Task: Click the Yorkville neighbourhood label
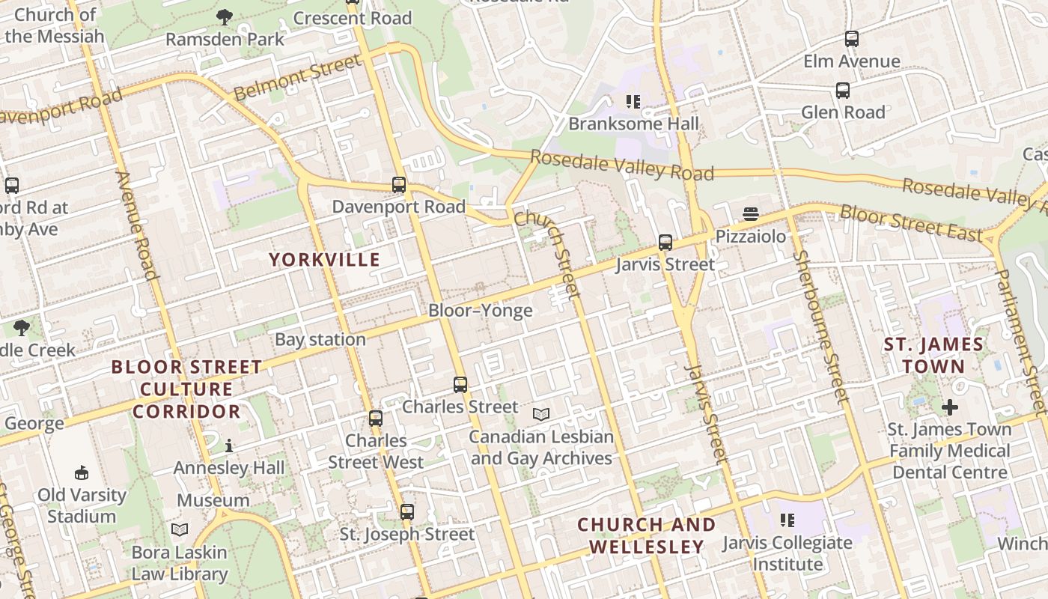(324, 260)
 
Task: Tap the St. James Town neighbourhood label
(933, 356)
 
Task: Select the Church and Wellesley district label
(646, 535)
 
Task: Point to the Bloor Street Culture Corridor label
(186, 389)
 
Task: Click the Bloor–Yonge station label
(480, 310)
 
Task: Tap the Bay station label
(320, 339)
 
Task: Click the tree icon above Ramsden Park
(224, 17)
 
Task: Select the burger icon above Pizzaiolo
(751, 214)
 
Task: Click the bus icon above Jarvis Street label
(665, 243)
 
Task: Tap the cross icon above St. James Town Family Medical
(949, 407)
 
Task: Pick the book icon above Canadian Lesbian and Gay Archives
(540, 414)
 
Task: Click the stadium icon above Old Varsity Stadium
(82, 472)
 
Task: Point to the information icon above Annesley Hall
(229, 446)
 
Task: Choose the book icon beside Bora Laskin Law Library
(180, 530)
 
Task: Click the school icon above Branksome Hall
(633, 101)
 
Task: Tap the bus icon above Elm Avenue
(851, 39)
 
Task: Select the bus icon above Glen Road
(843, 91)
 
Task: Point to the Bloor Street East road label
(910, 223)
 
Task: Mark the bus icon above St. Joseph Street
(406, 512)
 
